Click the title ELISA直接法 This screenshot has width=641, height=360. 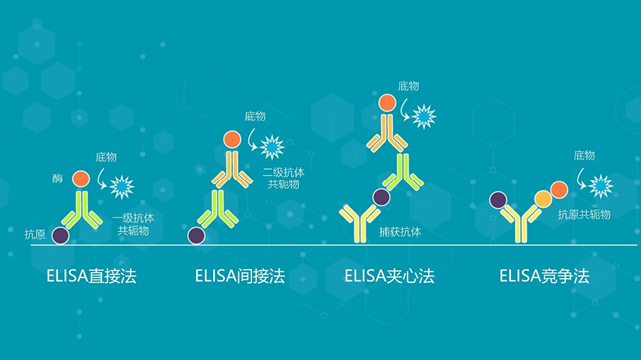tap(90, 275)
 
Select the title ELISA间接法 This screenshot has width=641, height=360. tap(240, 275)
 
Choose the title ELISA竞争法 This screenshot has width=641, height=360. tap(544, 275)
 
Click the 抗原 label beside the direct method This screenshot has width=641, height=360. tap(35, 233)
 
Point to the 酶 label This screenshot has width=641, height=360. tap(57, 179)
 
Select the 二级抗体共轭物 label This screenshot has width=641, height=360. tap(282, 179)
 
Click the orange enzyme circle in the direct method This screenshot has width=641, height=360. tap(81, 179)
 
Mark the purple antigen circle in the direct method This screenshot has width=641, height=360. tap(61, 236)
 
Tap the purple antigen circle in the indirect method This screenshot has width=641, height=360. tap(196, 236)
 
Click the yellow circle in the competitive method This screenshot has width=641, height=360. tap(544, 198)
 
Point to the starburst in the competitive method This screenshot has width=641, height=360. tap(600, 185)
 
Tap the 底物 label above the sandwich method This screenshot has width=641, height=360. tap(407, 87)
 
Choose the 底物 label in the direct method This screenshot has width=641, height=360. tap(106, 157)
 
